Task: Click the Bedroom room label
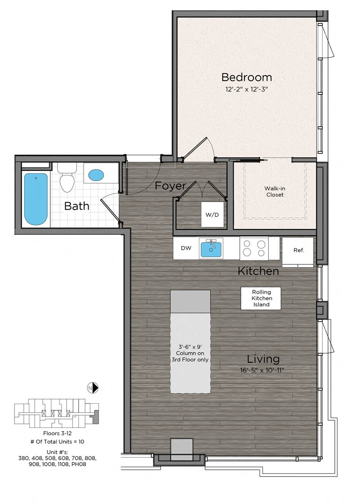(x=247, y=77)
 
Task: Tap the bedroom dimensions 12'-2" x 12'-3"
(x=247, y=89)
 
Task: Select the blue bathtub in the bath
(x=36, y=199)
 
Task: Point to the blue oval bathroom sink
(x=96, y=175)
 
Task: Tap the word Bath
(x=76, y=206)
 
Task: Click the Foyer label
(x=171, y=186)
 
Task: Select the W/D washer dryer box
(x=212, y=215)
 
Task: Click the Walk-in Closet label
(x=275, y=192)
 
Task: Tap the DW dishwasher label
(x=186, y=248)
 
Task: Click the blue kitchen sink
(x=211, y=250)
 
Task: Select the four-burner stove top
(x=254, y=248)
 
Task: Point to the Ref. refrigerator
(x=298, y=252)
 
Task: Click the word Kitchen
(x=258, y=271)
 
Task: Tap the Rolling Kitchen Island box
(x=261, y=298)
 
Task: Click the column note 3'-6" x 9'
(x=190, y=347)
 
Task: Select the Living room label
(x=263, y=359)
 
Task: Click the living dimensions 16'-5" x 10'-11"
(x=262, y=370)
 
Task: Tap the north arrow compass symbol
(x=93, y=388)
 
